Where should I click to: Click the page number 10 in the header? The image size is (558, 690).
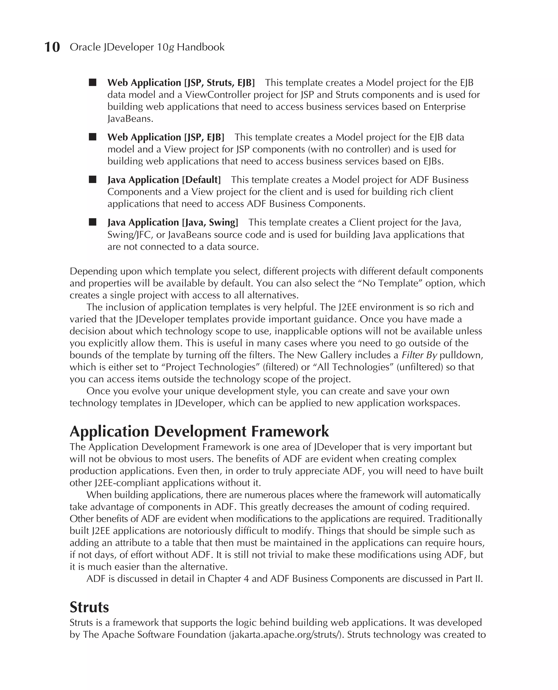(x=52, y=47)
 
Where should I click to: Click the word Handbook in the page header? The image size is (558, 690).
(x=201, y=47)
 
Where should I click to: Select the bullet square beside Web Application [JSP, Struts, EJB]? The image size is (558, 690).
(x=93, y=83)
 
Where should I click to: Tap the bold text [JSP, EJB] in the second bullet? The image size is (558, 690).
(x=204, y=137)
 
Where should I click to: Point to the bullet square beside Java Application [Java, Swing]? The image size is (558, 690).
(x=93, y=222)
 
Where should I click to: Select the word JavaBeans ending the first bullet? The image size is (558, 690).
(x=130, y=119)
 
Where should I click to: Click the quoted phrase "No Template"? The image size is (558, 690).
(x=390, y=283)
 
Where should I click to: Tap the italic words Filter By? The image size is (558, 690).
(x=419, y=355)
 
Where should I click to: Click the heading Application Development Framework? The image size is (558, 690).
(x=199, y=431)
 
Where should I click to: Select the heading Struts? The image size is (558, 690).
(x=89, y=607)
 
